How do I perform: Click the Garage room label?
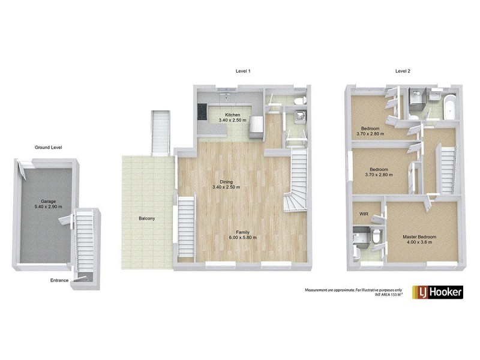48,202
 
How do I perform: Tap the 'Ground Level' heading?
48,147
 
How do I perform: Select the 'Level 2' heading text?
403,71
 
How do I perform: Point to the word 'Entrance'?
59,280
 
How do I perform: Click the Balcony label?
146,218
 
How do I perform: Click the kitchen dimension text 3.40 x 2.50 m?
233,121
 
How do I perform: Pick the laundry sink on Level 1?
299,116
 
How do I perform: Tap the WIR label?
364,213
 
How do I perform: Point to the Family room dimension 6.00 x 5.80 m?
243,238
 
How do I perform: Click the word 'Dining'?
226,182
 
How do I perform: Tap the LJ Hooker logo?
437,292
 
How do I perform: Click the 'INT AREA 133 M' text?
386,295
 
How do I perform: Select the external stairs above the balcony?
160,131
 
